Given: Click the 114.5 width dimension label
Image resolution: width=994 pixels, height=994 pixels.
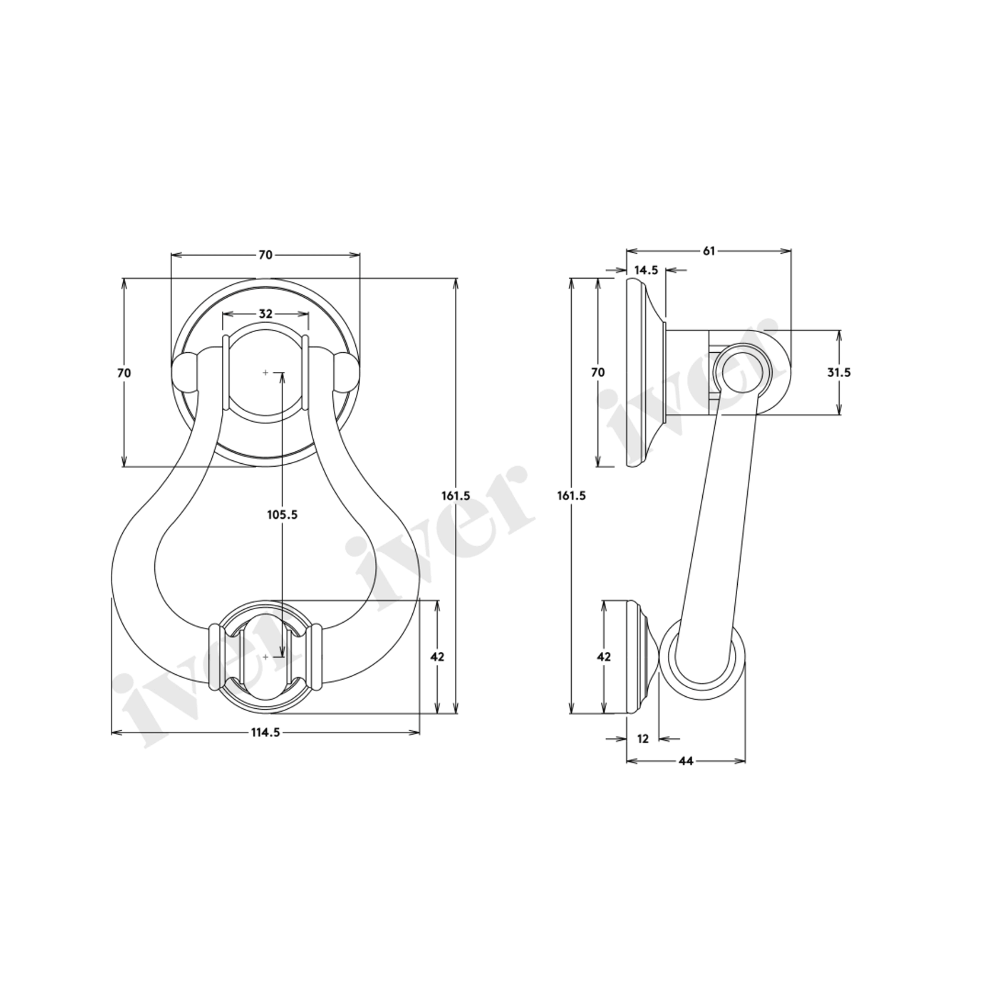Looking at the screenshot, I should coord(265,732).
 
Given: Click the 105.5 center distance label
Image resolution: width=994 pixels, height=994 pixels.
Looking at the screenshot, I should coord(282,515).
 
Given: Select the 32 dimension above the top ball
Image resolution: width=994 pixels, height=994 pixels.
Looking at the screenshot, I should coord(265,314).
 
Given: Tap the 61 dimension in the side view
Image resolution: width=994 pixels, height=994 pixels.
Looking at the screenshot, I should coord(709,251).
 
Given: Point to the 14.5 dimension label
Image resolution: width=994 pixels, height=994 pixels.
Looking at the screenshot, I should coord(646,270).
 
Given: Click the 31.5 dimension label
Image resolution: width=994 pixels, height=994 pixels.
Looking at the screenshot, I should coord(839,372).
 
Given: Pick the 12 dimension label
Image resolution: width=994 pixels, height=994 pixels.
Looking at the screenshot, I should coord(643,739).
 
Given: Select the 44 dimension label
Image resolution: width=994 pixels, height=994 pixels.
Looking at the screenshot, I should coord(686,761).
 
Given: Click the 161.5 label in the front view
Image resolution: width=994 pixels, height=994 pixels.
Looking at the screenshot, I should coord(455,495).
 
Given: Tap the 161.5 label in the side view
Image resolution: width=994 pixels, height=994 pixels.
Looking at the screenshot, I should coord(571,495).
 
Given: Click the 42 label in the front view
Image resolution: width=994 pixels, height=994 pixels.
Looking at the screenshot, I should coord(437,657).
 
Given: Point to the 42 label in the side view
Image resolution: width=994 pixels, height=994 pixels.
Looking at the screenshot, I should coord(604,657).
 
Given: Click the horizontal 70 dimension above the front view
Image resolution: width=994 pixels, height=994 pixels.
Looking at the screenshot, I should coord(265,255).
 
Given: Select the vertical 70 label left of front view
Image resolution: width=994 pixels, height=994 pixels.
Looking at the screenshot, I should coord(124,373).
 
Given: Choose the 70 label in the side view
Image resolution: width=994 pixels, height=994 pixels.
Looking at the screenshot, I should coord(598,372).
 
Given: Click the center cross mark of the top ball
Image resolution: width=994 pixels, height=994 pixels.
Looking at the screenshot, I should coord(265,372).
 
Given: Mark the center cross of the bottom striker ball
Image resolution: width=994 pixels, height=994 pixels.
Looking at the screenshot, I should coord(265,657).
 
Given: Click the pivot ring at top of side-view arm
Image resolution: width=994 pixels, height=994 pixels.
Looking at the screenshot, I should coord(741,372).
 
